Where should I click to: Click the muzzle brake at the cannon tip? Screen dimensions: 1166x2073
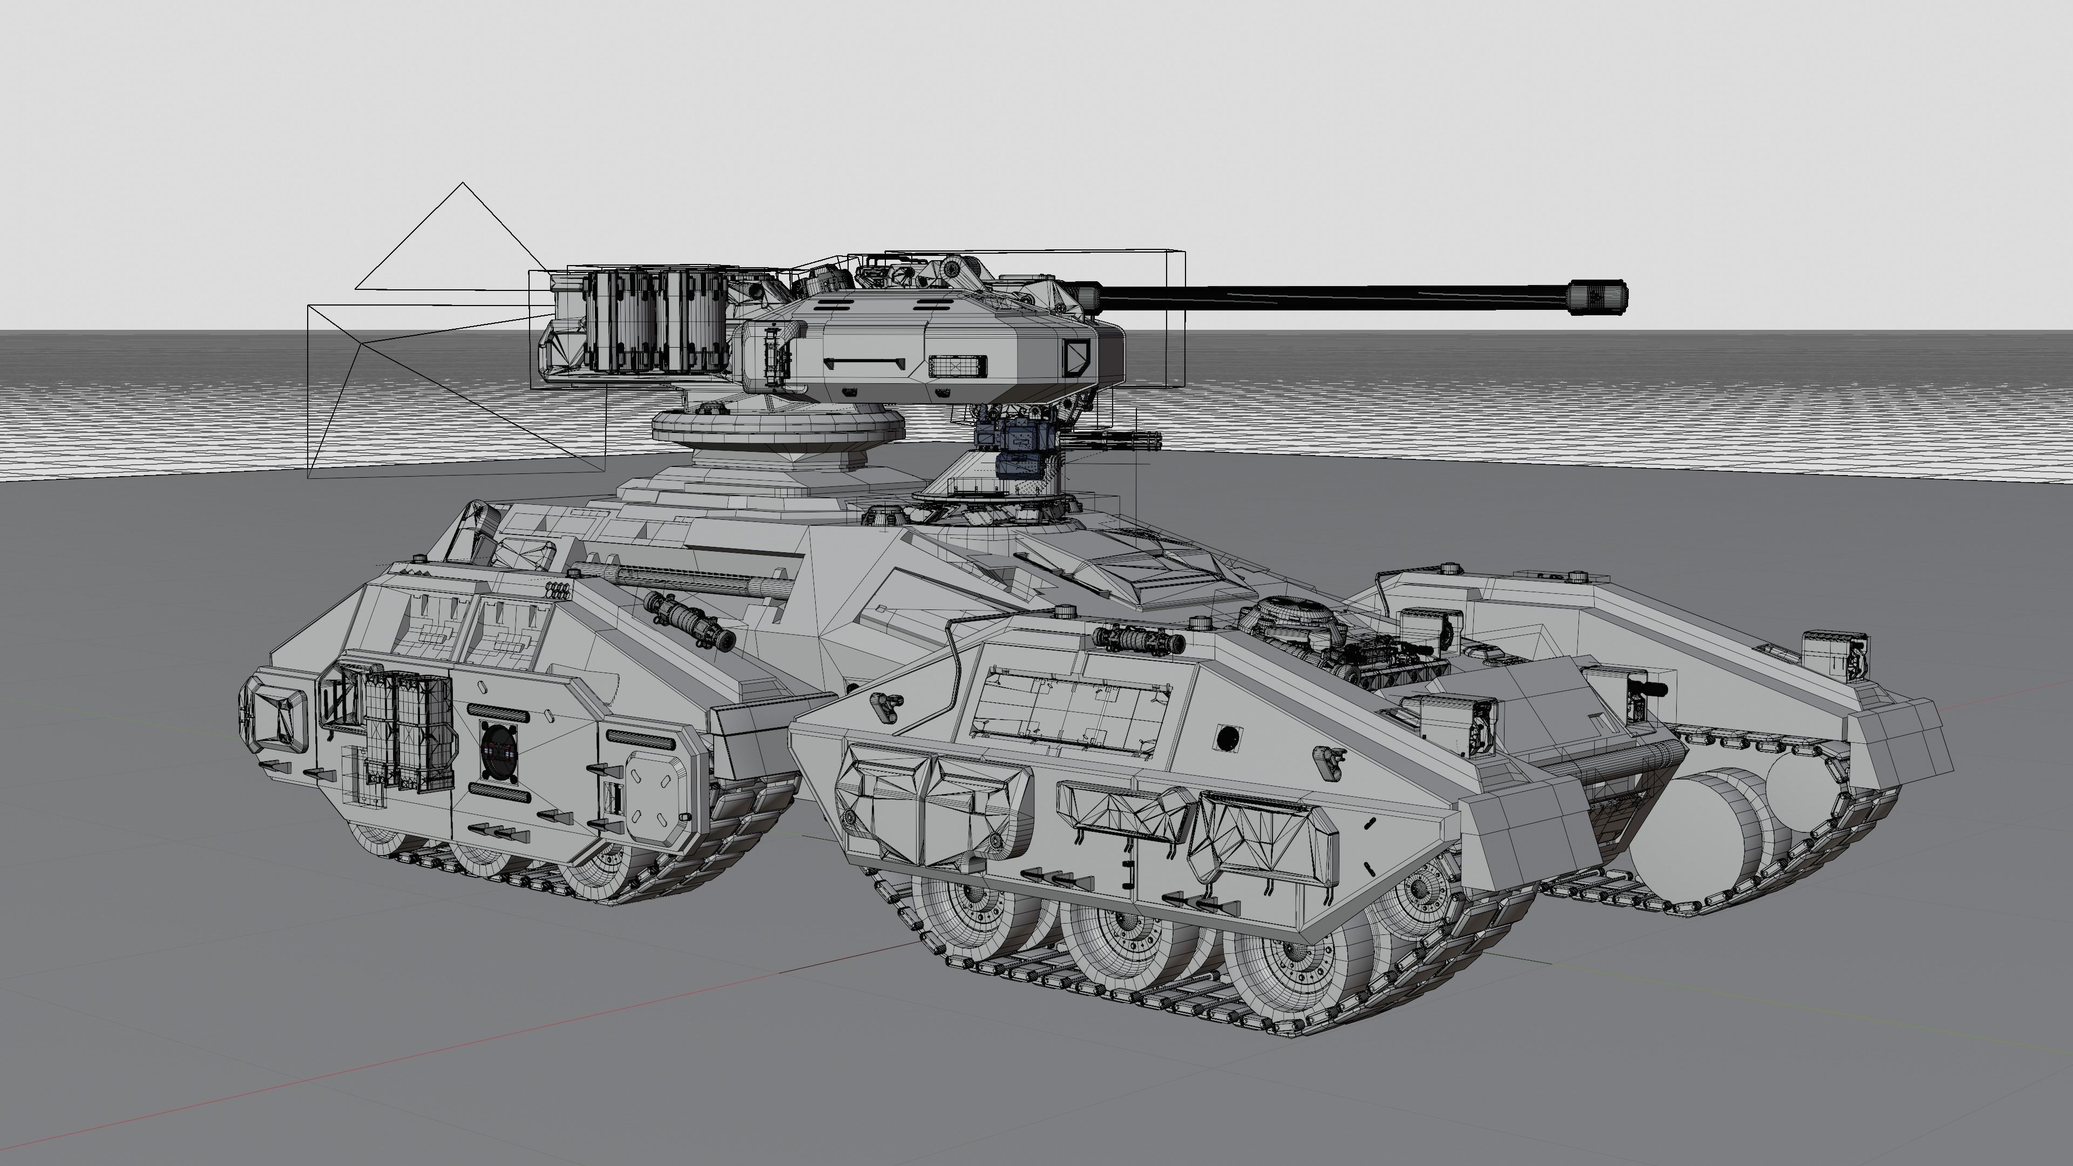(x=1597, y=295)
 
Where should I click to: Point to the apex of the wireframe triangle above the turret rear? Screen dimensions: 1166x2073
(x=462, y=184)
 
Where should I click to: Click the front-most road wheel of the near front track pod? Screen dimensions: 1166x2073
(x=1417, y=893)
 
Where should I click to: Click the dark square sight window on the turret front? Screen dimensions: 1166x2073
(x=1077, y=356)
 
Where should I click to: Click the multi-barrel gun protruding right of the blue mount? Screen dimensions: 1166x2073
(x=1115, y=441)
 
